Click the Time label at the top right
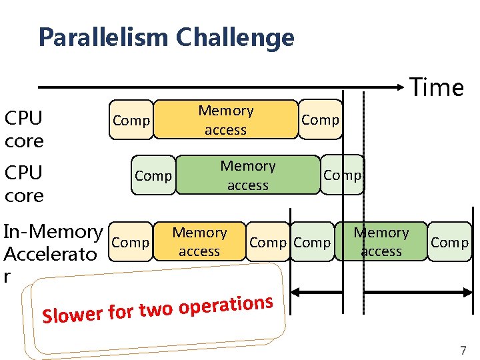coord(437,87)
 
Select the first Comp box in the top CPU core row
coord(131,120)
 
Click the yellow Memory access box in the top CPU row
coord(226,120)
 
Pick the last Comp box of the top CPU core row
coord(320,120)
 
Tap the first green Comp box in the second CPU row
coord(153,175)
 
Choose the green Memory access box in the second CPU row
coord(248,175)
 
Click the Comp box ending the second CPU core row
coord(342,175)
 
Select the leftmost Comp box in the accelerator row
coord(131,242)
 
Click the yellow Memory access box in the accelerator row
coord(199,241)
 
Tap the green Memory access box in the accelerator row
coord(381,241)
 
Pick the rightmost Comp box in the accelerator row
coord(449,242)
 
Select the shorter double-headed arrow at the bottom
coord(319,292)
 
